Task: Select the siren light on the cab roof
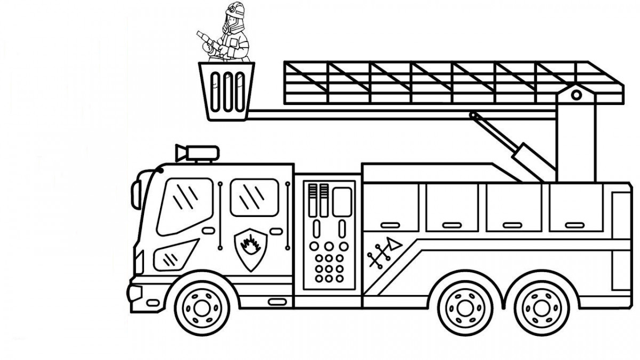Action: (x=197, y=153)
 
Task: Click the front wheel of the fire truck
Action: (x=201, y=307)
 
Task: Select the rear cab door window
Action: (x=254, y=197)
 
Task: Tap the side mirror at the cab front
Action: (x=136, y=194)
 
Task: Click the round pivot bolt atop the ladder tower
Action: (x=577, y=95)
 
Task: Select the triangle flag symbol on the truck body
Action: (x=394, y=245)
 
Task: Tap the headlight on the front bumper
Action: (x=135, y=292)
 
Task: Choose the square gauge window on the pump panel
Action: (x=342, y=202)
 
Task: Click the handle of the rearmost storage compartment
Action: (x=573, y=225)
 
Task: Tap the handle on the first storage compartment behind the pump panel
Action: (x=389, y=225)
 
